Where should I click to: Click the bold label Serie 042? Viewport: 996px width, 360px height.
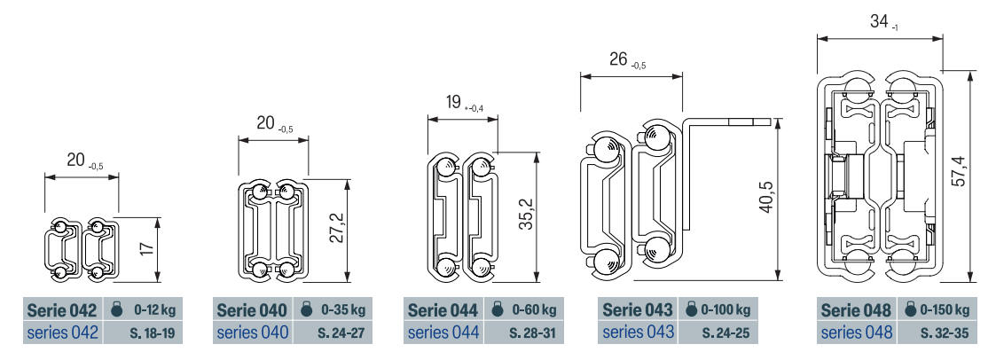tap(61, 310)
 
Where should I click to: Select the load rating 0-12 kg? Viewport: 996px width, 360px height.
tap(154, 310)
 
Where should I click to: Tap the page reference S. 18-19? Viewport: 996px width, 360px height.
tap(151, 332)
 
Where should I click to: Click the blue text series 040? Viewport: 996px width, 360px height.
tap(252, 332)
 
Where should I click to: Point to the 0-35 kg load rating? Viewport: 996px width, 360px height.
tap(343, 310)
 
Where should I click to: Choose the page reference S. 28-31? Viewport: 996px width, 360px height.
tap(532, 332)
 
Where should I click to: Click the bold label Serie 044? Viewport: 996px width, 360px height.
tap(442, 310)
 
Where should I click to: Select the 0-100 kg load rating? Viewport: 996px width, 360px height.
tap(725, 310)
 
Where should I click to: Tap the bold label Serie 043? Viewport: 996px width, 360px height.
tap(637, 310)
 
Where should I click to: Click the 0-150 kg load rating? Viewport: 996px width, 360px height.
tap(945, 310)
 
